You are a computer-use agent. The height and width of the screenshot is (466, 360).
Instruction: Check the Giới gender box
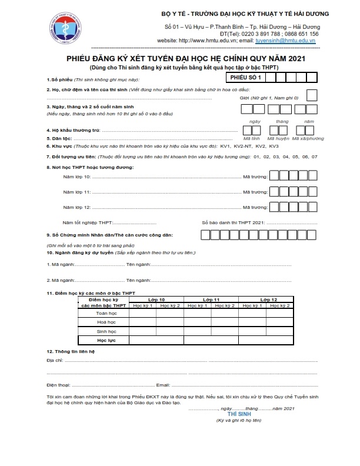[312, 95]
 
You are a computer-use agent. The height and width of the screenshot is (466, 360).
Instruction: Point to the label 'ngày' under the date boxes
[255, 121]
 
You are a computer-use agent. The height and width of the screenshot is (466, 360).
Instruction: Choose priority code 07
[315, 157]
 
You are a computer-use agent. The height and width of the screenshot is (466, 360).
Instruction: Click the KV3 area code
[274, 146]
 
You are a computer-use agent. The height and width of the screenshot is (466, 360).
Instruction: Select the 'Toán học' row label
[106, 314]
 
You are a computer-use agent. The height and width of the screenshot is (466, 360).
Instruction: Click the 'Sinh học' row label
[106, 332]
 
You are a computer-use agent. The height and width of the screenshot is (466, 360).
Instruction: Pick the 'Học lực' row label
[106, 341]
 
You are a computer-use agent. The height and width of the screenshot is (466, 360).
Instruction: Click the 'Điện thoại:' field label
[58, 385]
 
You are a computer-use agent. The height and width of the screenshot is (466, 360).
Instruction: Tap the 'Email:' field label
[163, 385]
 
